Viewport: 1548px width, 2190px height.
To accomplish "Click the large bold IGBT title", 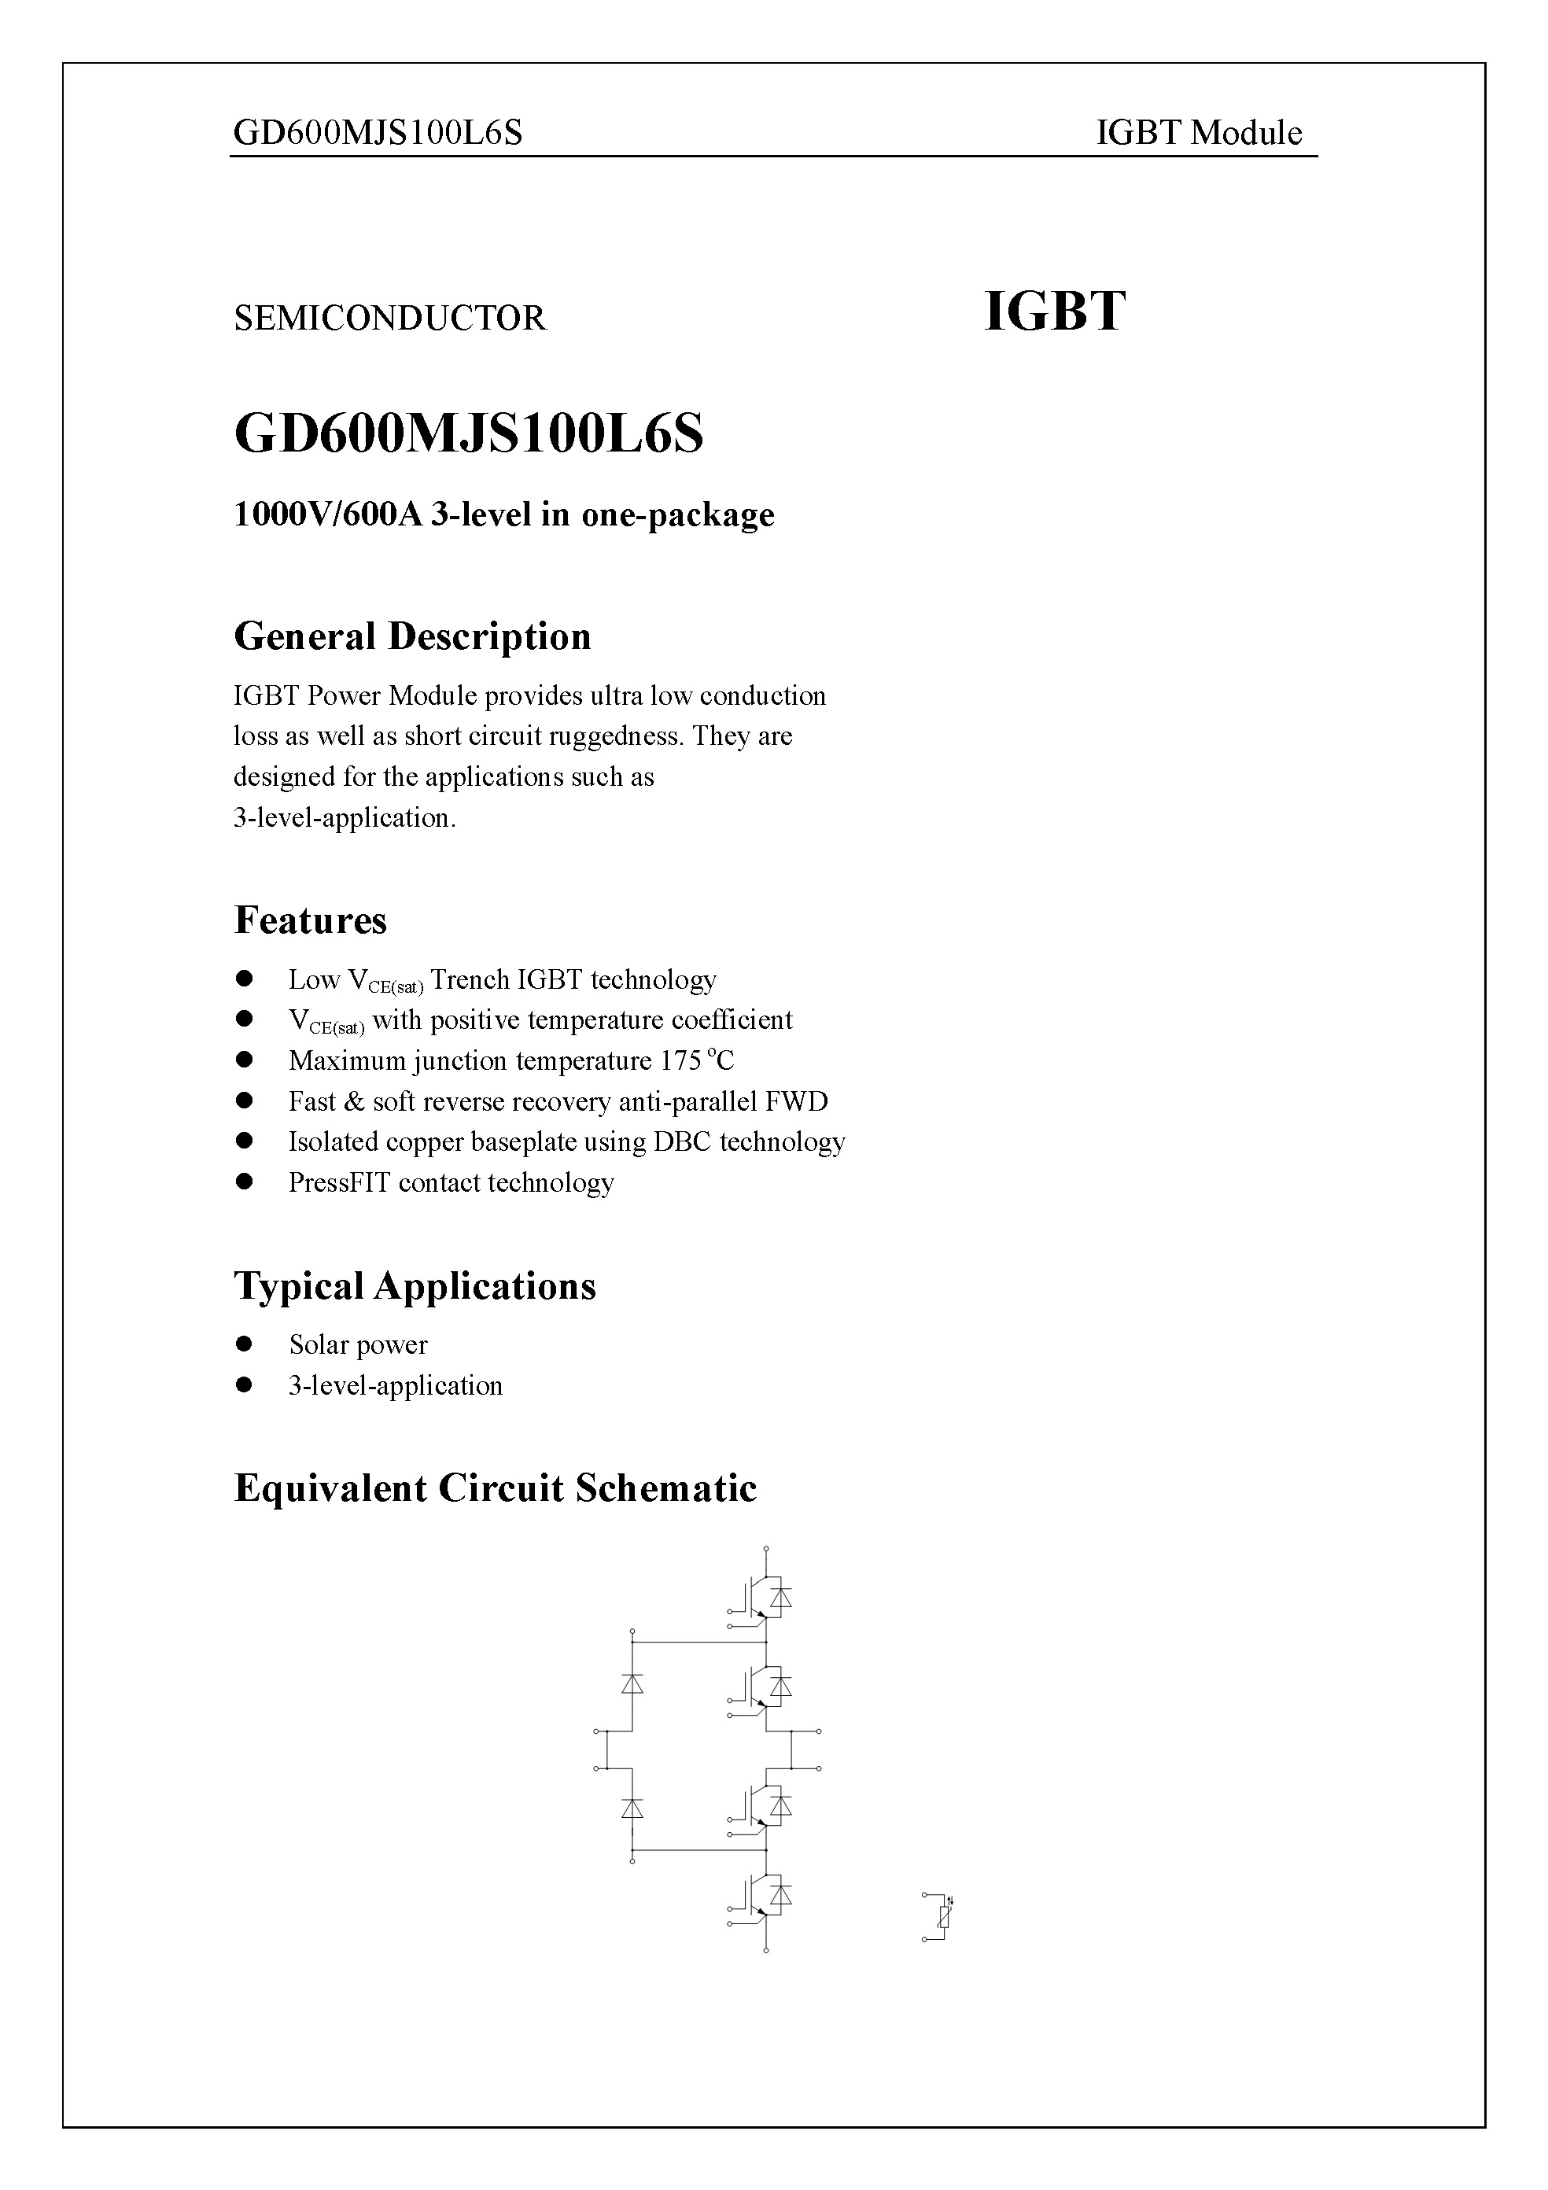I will [1054, 312].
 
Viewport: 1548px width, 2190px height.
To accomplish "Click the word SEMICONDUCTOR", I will [389, 318].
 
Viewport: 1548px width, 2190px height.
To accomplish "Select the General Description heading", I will [412, 636].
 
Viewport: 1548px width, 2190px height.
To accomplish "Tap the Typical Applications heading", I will [415, 1286].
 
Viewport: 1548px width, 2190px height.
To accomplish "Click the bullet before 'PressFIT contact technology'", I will [245, 1182].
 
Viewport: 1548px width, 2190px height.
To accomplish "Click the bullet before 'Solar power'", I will [245, 1344].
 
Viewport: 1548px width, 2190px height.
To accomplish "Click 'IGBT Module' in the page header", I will [1199, 133].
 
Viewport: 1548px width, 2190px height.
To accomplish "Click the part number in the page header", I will [378, 133].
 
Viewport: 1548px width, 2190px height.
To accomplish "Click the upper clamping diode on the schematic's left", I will [632, 1684].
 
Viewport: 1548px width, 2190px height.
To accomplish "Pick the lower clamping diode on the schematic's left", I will [632, 1808].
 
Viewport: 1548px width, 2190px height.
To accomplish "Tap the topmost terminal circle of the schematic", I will [766, 1549].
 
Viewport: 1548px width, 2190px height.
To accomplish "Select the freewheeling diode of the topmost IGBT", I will [781, 1596].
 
